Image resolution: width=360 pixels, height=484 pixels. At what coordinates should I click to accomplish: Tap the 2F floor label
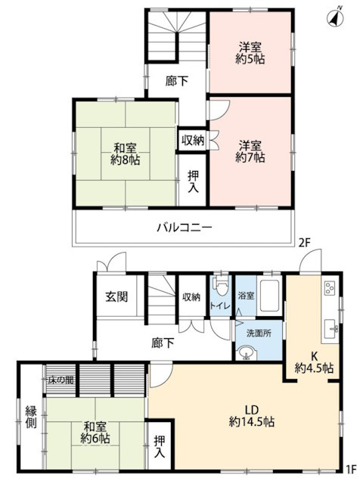click(304, 243)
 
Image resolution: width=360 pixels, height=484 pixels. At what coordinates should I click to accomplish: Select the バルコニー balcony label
click(185, 226)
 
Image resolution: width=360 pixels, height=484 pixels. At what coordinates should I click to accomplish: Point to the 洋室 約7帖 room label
click(250, 150)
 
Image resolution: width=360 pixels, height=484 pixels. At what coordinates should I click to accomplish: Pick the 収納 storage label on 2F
click(192, 140)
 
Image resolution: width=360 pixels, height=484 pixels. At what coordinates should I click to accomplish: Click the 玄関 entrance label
click(116, 296)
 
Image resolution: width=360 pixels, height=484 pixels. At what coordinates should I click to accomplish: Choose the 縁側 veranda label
click(30, 418)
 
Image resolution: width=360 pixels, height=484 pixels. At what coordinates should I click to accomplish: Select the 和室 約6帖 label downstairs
click(96, 431)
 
